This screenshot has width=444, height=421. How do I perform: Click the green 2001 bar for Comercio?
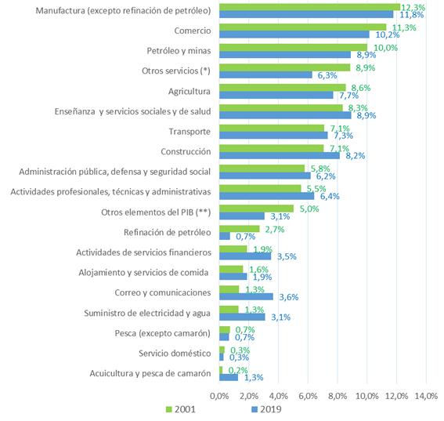303,27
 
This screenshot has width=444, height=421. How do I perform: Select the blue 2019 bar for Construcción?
280,155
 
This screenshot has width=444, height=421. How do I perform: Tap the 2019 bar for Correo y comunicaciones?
247,296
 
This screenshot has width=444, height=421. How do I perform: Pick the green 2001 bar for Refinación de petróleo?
240,229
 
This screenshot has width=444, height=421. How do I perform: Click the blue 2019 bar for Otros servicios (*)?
265,74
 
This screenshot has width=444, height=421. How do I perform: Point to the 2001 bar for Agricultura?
283,88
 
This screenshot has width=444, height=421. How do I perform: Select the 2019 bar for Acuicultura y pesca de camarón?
229,377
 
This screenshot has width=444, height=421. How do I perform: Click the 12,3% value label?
413,7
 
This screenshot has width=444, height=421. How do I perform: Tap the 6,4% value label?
330,196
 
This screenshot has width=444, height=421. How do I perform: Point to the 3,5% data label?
287,256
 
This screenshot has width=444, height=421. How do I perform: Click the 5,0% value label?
309,209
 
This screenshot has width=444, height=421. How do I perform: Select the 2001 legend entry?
181,409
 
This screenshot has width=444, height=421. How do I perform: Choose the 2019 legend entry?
267,409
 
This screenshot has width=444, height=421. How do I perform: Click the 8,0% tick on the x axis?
338,396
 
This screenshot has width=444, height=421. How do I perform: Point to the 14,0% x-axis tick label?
426,396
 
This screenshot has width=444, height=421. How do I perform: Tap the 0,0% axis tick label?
219,396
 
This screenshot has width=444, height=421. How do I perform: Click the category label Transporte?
190,132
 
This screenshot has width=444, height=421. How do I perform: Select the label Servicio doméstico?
175,354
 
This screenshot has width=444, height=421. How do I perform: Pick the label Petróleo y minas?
179,51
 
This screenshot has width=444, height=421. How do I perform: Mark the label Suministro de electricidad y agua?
147,314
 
